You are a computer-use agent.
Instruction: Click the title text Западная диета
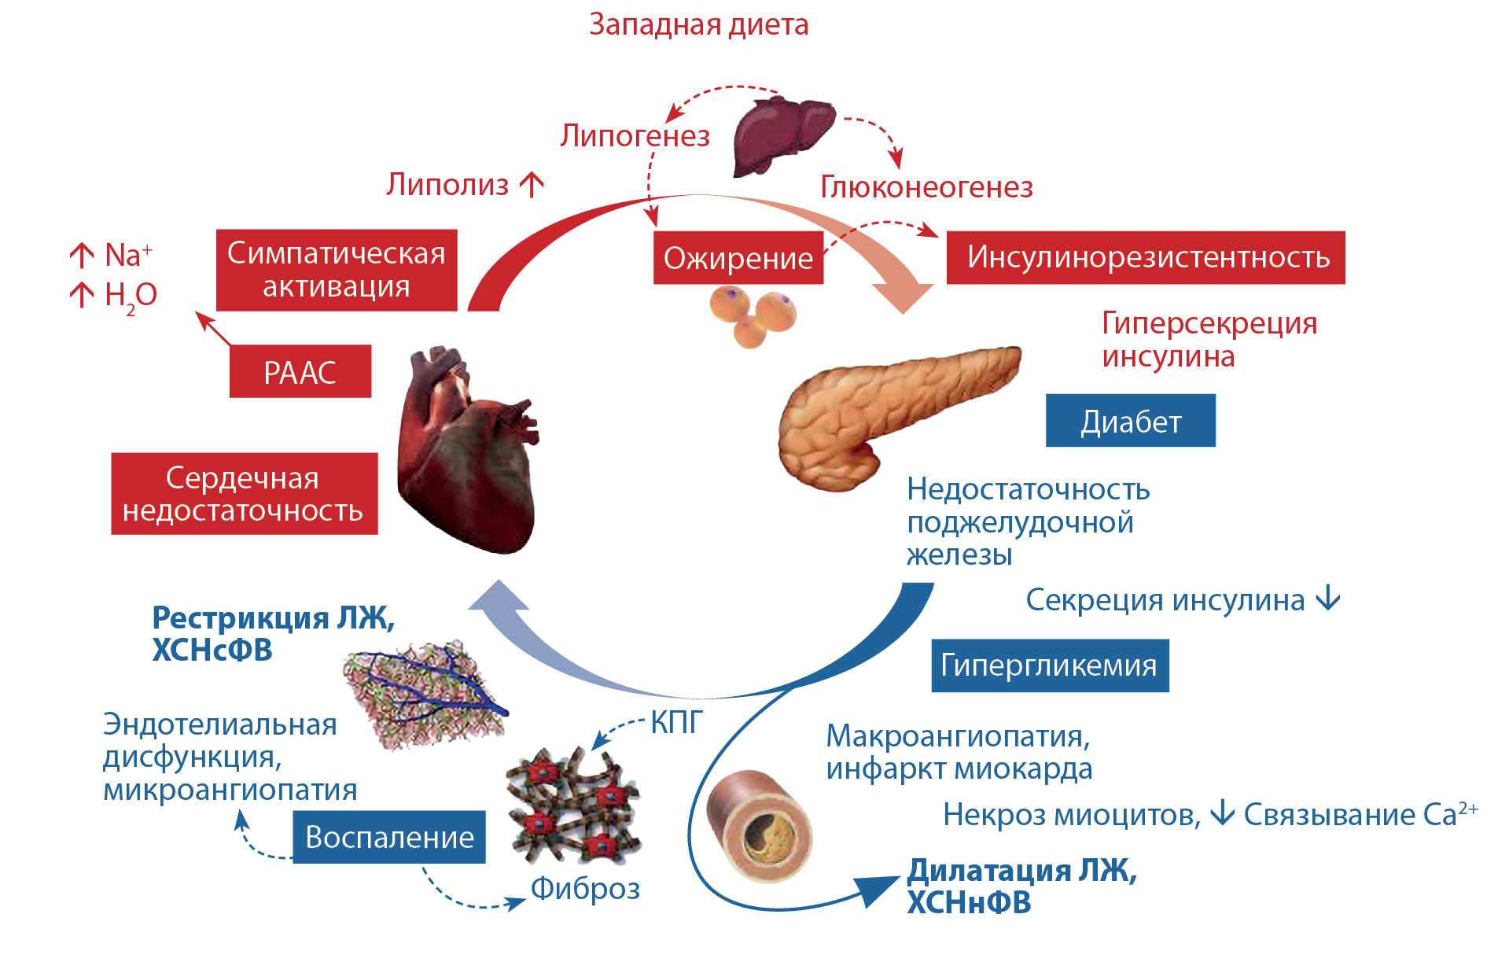[x=698, y=24]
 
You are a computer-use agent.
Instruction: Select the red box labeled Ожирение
[x=738, y=258]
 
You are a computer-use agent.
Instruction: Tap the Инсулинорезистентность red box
[x=1146, y=257]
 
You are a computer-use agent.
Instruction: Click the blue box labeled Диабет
[x=1130, y=422]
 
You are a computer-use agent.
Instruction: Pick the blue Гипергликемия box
[x=1049, y=665]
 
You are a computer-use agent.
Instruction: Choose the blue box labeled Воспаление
[x=389, y=837]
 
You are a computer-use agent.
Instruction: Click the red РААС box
[x=300, y=372]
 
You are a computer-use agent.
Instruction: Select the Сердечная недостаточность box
[x=244, y=494]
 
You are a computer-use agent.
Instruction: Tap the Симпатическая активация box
[x=337, y=270]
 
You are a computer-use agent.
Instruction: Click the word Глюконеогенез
[x=926, y=187]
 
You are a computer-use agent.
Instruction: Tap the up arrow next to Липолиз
[x=532, y=185]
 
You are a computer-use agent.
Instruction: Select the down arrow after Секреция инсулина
[x=1328, y=599]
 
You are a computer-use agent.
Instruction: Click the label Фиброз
[x=585, y=889]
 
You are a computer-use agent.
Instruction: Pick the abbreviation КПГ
[x=676, y=722]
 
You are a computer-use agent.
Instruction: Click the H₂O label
[x=131, y=296]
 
